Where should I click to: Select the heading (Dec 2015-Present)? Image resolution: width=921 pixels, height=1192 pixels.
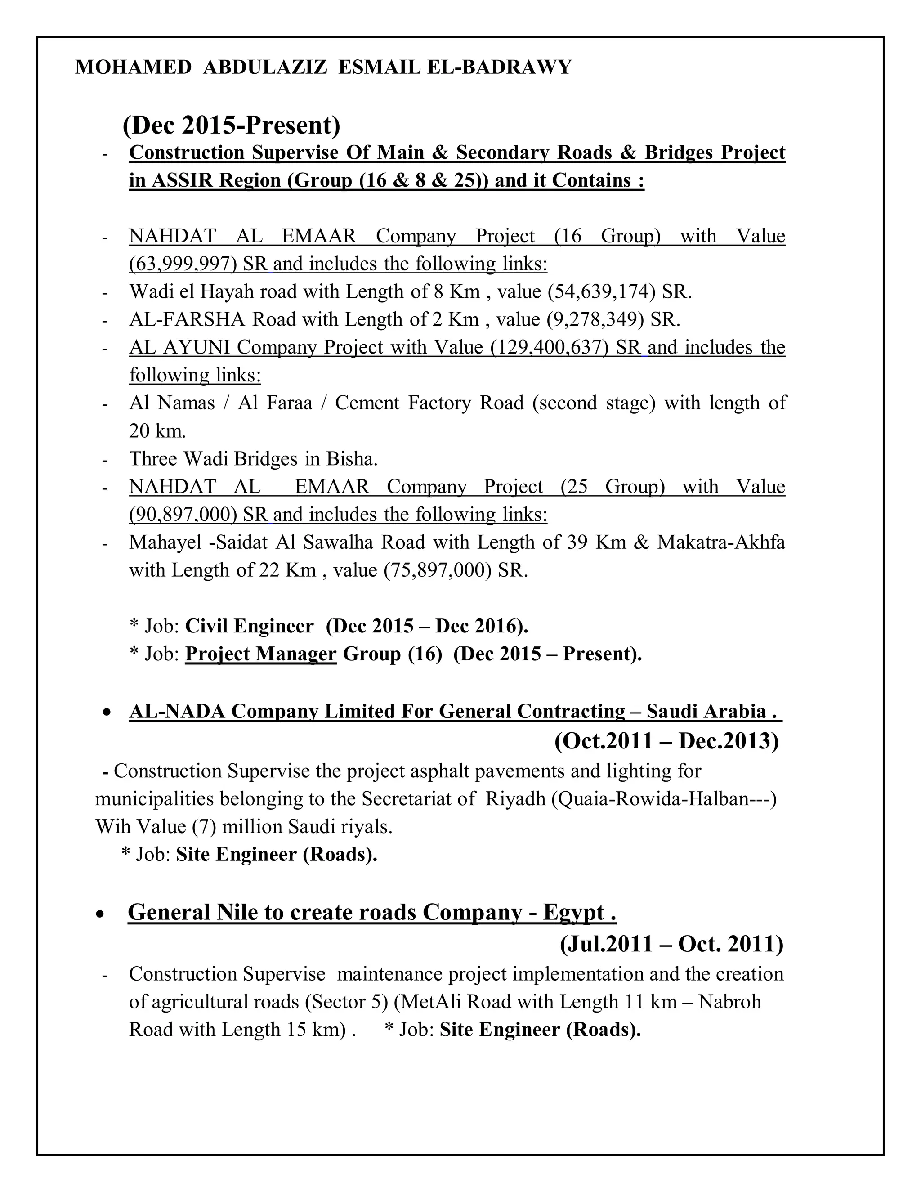(231, 125)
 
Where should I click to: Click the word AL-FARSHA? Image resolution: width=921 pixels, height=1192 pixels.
(187, 319)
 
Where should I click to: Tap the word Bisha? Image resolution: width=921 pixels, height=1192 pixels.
(351, 458)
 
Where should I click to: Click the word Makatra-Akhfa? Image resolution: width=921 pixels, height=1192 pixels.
(721, 542)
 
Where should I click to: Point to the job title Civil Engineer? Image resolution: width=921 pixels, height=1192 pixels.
(249, 626)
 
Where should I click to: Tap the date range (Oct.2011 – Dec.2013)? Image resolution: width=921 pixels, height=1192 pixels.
(666, 741)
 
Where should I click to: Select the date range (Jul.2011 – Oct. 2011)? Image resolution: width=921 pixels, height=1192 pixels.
(671, 943)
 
